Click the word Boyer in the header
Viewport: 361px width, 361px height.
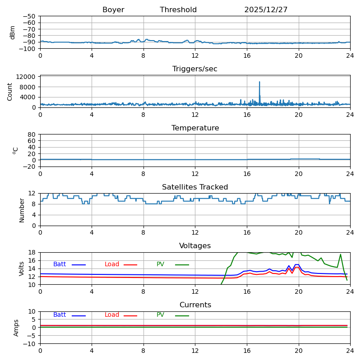click(113, 10)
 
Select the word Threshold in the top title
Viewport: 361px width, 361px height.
click(178, 10)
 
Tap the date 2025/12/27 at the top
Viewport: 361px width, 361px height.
click(266, 10)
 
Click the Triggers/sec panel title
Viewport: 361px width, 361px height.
click(195, 69)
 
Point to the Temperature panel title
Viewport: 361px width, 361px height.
click(195, 128)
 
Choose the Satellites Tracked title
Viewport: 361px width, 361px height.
click(195, 187)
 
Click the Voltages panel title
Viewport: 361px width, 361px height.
click(195, 246)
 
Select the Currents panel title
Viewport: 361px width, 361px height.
click(195, 305)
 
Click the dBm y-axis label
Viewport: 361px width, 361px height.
click(13, 32)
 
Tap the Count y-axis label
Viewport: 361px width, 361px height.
click(10, 91)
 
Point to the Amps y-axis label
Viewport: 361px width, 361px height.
click(16, 328)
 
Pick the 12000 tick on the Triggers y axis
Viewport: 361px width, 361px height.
click(27, 77)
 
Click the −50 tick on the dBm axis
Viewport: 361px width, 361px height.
click(30, 16)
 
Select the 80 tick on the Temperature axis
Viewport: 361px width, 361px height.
click(32, 134)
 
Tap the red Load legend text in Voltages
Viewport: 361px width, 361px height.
click(112, 264)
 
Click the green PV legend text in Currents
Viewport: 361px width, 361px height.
click(161, 315)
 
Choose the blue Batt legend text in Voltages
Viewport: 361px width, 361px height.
click(60, 264)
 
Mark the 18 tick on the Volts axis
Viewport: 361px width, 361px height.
click(32, 253)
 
